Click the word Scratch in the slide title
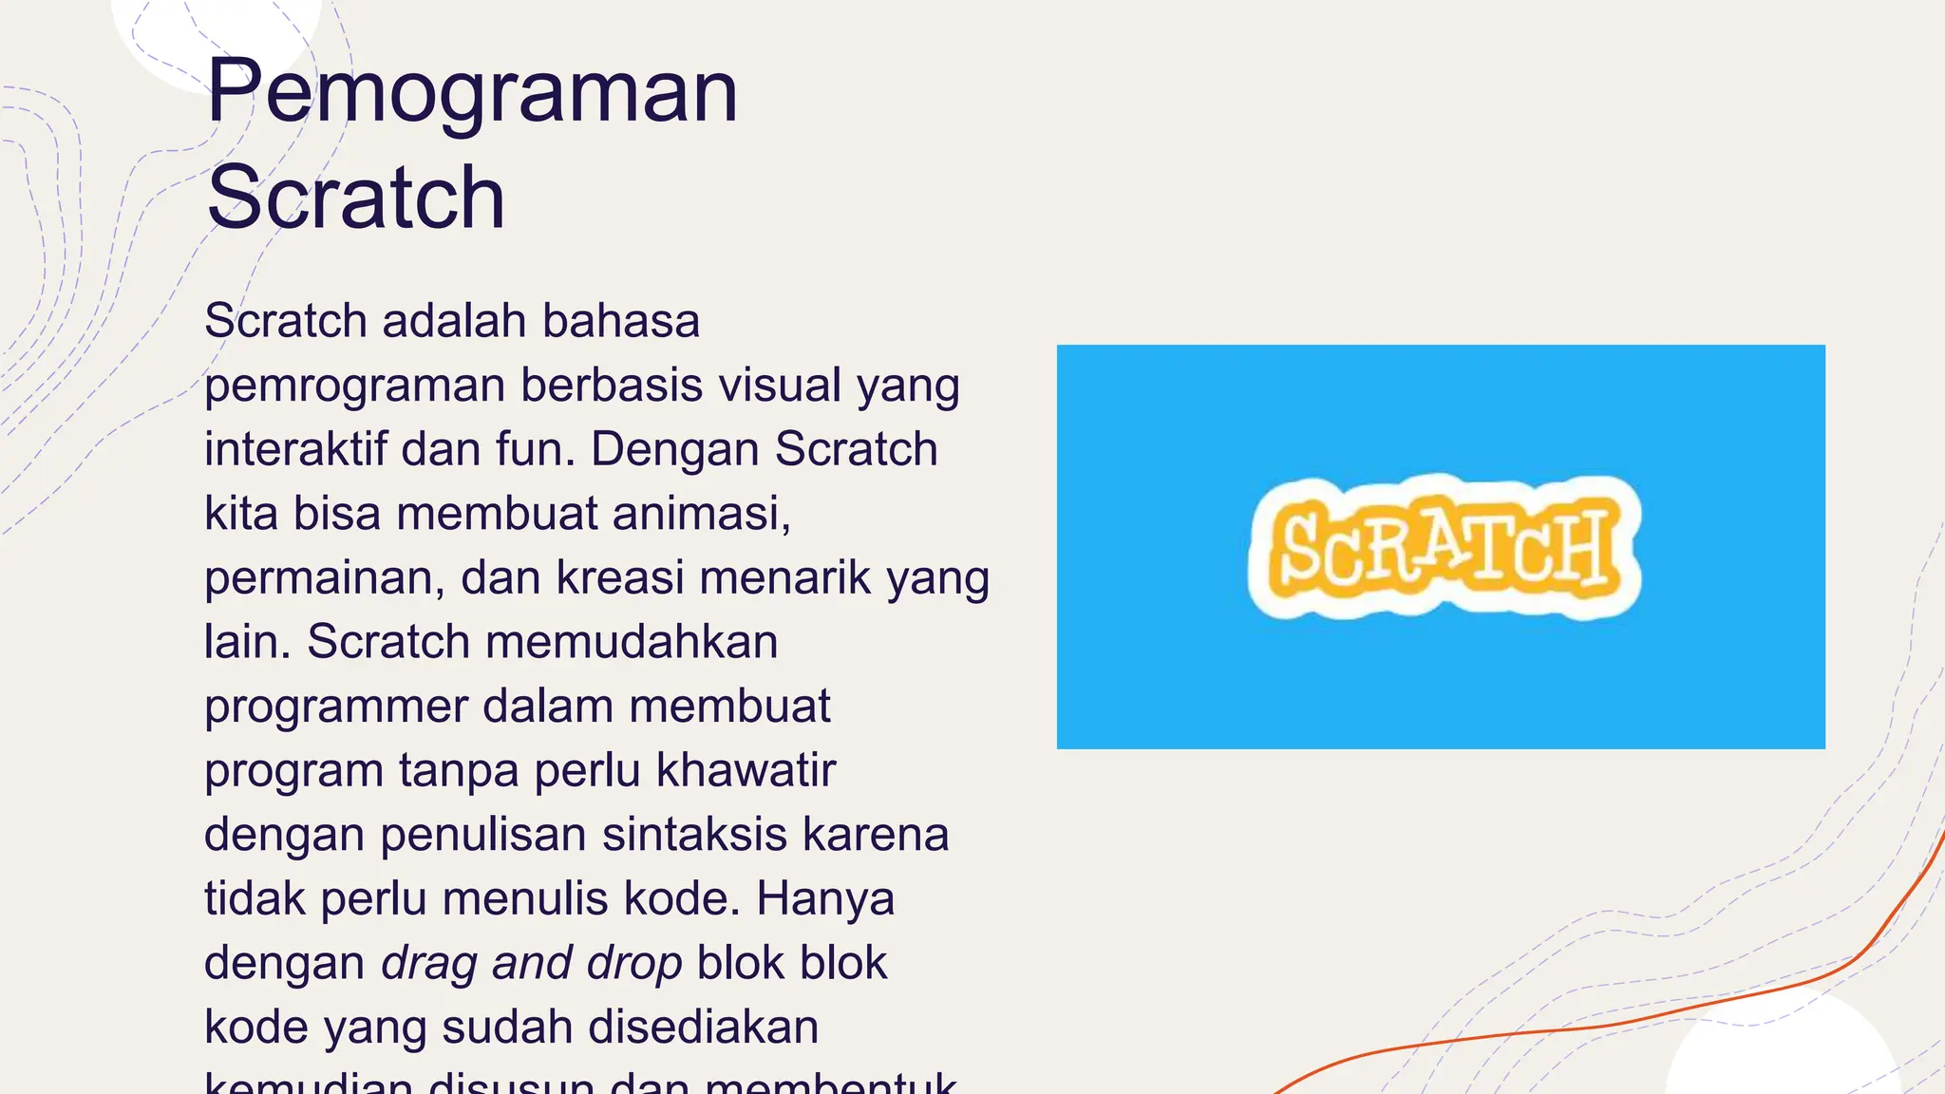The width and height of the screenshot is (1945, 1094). click(x=355, y=198)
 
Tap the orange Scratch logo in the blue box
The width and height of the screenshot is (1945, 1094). click(x=1444, y=548)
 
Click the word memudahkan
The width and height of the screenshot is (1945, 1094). click(x=632, y=642)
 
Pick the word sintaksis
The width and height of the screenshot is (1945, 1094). click(x=694, y=835)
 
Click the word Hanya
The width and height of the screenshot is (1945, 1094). click(x=825, y=898)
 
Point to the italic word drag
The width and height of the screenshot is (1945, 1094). click(x=429, y=964)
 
